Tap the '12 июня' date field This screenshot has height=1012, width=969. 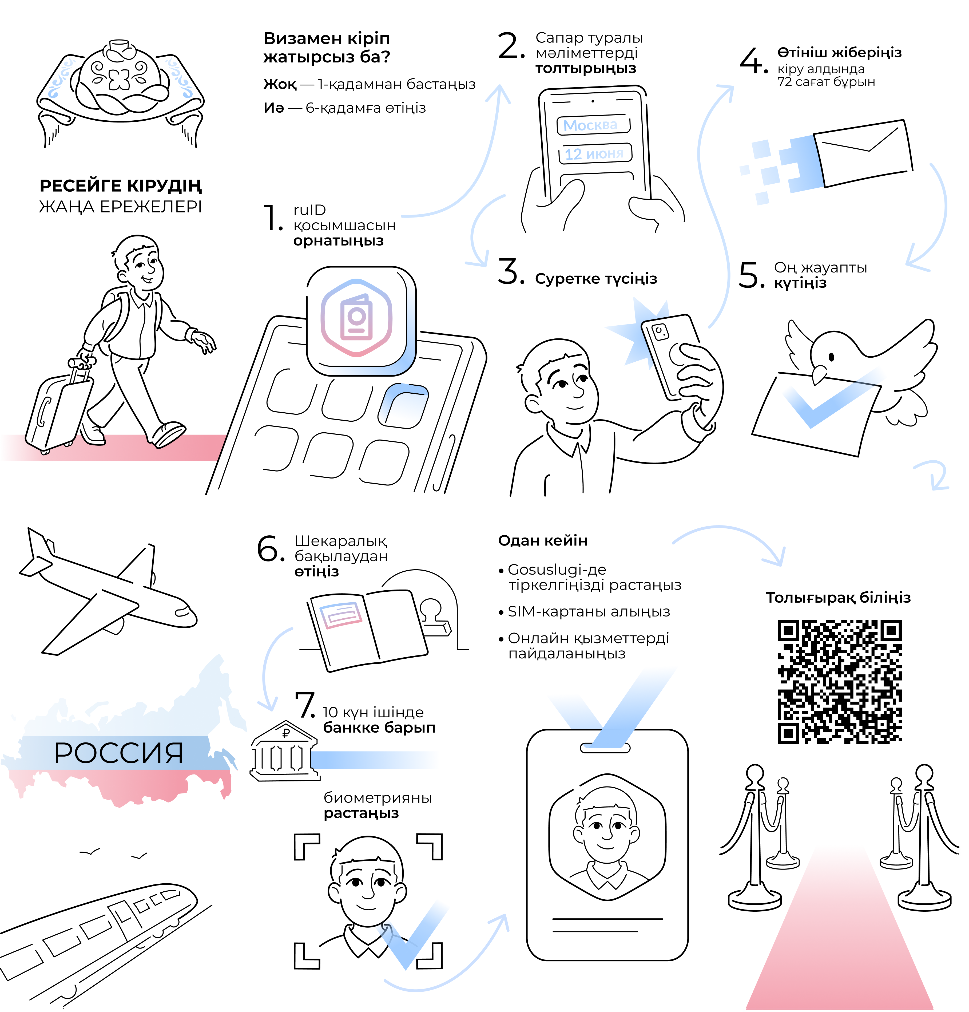[595, 153]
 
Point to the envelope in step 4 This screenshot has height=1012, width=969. [862, 153]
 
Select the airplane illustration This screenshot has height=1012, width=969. [108, 591]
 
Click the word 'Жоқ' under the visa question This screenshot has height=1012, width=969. [280, 84]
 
